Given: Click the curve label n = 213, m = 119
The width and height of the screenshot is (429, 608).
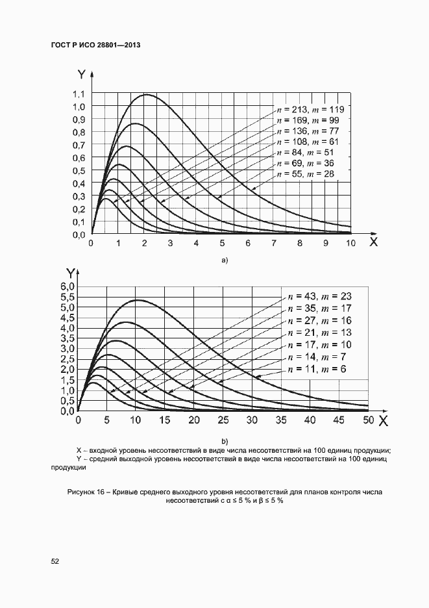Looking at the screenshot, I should [x=310, y=108].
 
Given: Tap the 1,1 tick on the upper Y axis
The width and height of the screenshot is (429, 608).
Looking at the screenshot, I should [x=79, y=94].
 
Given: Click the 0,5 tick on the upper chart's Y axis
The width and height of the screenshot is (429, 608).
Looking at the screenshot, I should [x=79, y=171].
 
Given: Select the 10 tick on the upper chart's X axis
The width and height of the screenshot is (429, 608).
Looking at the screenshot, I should [x=350, y=244].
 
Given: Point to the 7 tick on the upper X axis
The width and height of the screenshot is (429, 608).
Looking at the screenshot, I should [x=274, y=244].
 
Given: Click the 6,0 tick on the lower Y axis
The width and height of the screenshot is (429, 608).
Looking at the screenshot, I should [x=67, y=286].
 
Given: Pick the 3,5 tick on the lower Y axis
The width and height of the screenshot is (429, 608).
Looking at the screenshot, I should [x=67, y=338].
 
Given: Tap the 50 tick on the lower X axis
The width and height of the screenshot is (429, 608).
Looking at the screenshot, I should [x=368, y=420].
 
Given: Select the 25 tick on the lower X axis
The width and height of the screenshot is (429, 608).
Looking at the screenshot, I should [x=223, y=420].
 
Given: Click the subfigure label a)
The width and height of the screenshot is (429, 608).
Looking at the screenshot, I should [x=225, y=261].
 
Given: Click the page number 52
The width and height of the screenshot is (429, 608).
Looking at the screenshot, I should [x=55, y=561].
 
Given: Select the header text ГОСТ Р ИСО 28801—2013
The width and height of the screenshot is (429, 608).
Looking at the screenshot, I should [x=95, y=45].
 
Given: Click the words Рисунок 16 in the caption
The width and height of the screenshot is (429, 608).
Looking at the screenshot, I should [x=87, y=492].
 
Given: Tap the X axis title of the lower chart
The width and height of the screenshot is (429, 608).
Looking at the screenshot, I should [x=383, y=421].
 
